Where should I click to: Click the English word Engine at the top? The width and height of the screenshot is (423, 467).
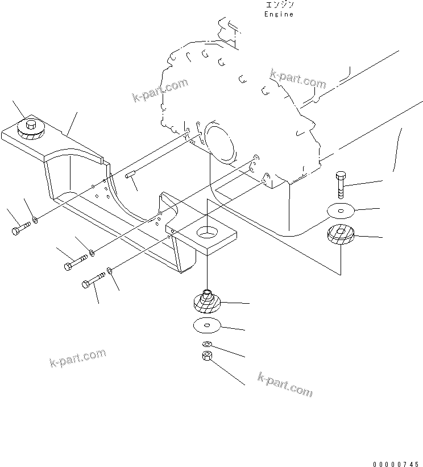(x=279, y=14)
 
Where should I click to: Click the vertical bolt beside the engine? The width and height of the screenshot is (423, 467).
(x=340, y=182)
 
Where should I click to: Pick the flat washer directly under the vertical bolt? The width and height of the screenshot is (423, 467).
(x=340, y=210)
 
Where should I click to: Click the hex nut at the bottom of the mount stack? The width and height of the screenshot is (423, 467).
(x=208, y=357)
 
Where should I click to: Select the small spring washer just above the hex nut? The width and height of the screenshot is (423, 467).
(x=208, y=345)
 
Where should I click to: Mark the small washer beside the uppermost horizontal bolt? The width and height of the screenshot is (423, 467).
(x=36, y=220)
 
